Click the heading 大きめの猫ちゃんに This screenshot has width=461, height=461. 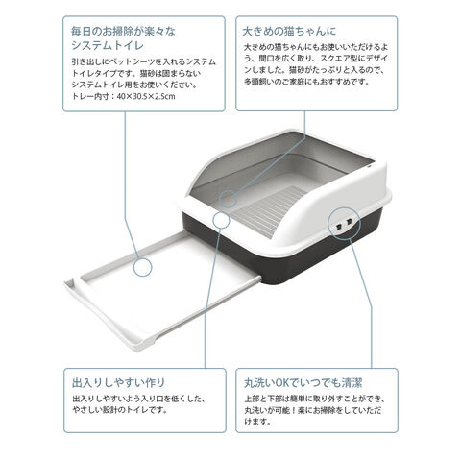pyautogui.click(x=289, y=31)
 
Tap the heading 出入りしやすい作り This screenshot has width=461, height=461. pyautogui.click(x=118, y=382)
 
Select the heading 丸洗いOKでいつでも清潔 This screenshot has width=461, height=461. pyautogui.click(x=303, y=382)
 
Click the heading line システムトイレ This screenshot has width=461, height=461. pyautogui.click(x=108, y=45)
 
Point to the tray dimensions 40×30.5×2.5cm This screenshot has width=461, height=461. pyautogui.click(x=146, y=96)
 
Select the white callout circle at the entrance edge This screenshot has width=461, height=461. pyautogui.click(x=221, y=219)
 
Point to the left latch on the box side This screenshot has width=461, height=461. pyautogui.click(x=338, y=227)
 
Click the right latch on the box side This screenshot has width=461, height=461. pyautogui.click(x=349, y=221)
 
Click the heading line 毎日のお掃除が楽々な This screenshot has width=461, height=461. pyautogui.click(x=123, y=32)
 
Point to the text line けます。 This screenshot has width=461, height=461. pyautogui.click(x=258, y=422)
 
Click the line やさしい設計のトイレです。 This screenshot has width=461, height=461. pyautogui.click(x=120, y=410)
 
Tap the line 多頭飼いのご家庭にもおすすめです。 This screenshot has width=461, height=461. pyautogui.click(x=307, y=82)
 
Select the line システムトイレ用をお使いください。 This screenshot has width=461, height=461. pyautogui.click(x=133, y=85)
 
